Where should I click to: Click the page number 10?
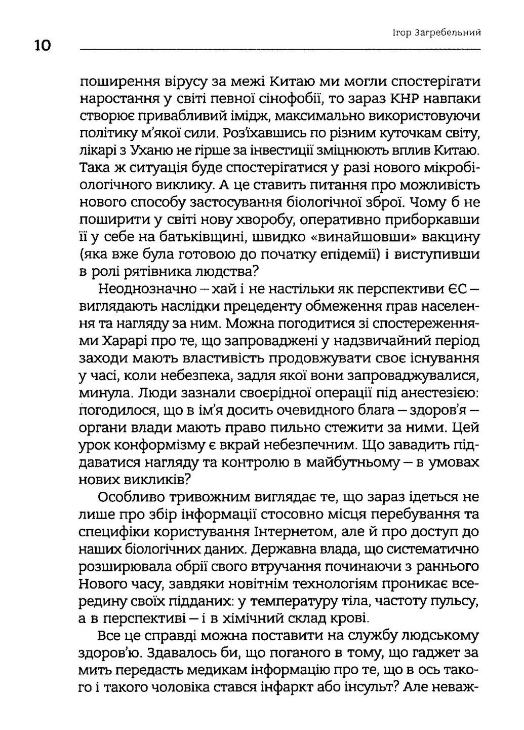(x=43, y=46)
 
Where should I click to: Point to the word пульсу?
(x=452, y=602)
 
